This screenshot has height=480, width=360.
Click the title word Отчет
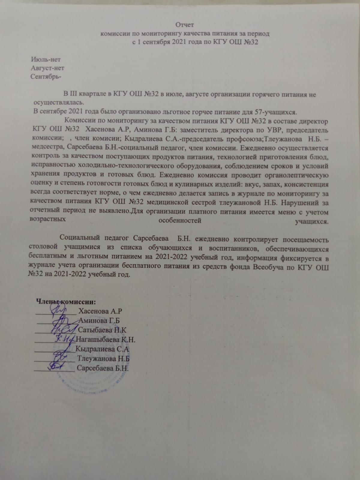[185, 25]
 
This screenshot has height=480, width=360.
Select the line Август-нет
[47, 68]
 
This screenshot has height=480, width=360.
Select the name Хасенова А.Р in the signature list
[100, 311]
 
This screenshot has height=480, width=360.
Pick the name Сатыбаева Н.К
[102, 330]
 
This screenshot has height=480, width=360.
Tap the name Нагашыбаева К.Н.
[106, 340]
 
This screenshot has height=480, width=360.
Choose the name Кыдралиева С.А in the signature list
[102, 349]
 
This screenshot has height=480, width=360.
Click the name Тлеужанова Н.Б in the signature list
[103, 359]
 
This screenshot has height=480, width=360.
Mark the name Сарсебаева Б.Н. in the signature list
[103, 368]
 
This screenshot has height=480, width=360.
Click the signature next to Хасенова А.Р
[60, 309]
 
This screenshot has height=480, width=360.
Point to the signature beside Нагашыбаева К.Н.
[64, 339]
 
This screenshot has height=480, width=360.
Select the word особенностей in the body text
[180, 221]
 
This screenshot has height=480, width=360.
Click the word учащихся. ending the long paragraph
[311, 222]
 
